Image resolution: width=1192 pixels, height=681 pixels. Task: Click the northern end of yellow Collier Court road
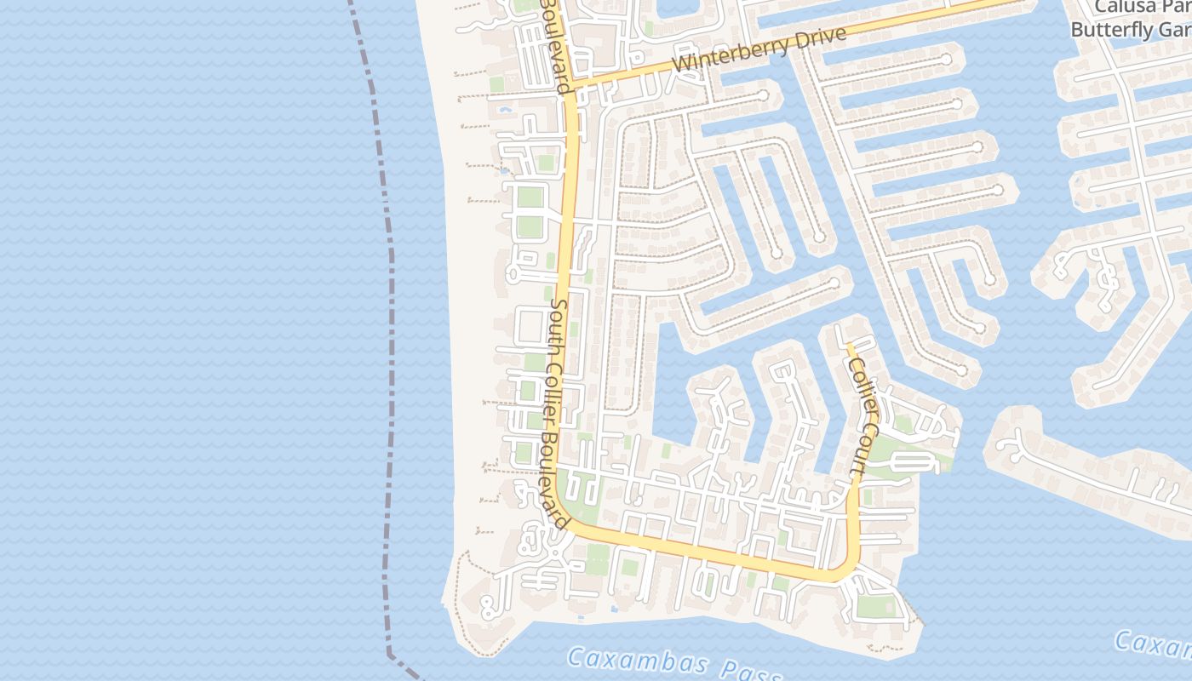point(849,345)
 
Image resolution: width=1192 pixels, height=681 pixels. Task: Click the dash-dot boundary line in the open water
point(391,340)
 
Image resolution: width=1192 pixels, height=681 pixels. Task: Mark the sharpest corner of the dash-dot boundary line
point(390,655)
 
